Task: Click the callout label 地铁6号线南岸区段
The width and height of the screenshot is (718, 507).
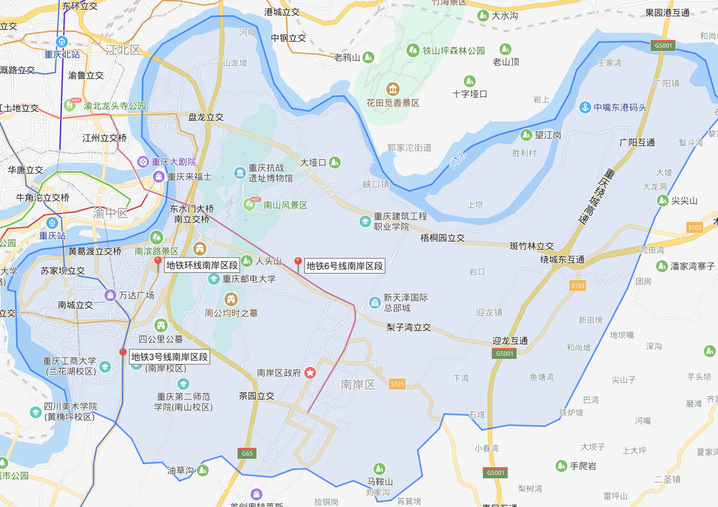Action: tap(344, 266)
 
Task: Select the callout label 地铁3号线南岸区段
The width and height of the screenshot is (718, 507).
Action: tap(170, 357)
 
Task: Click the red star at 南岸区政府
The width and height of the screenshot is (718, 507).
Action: tap(311, 372)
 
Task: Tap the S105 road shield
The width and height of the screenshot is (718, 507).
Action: tap(397, 384)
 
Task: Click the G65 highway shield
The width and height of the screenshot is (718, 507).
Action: tap(247, 453)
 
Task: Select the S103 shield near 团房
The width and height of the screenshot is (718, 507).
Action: tap(577, 286)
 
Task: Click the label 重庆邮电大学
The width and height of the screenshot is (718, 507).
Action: tap(250, 279)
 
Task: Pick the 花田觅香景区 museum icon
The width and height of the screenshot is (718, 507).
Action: tap(393, 89)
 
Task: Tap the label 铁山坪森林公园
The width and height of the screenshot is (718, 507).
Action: tap(454, 51)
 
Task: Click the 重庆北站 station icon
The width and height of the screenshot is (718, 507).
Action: tap(62, 41)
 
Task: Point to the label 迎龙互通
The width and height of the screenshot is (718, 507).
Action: tap(510, 341)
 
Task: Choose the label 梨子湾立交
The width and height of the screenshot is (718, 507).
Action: tap(409, 327)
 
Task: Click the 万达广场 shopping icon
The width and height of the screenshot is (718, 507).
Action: tap(110, 295)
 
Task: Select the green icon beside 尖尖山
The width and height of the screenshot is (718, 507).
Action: tap(662, 201)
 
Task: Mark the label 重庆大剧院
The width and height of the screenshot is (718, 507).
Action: tap(174, 162)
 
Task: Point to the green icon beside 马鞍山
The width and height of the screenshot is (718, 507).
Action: tap(379, 468)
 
